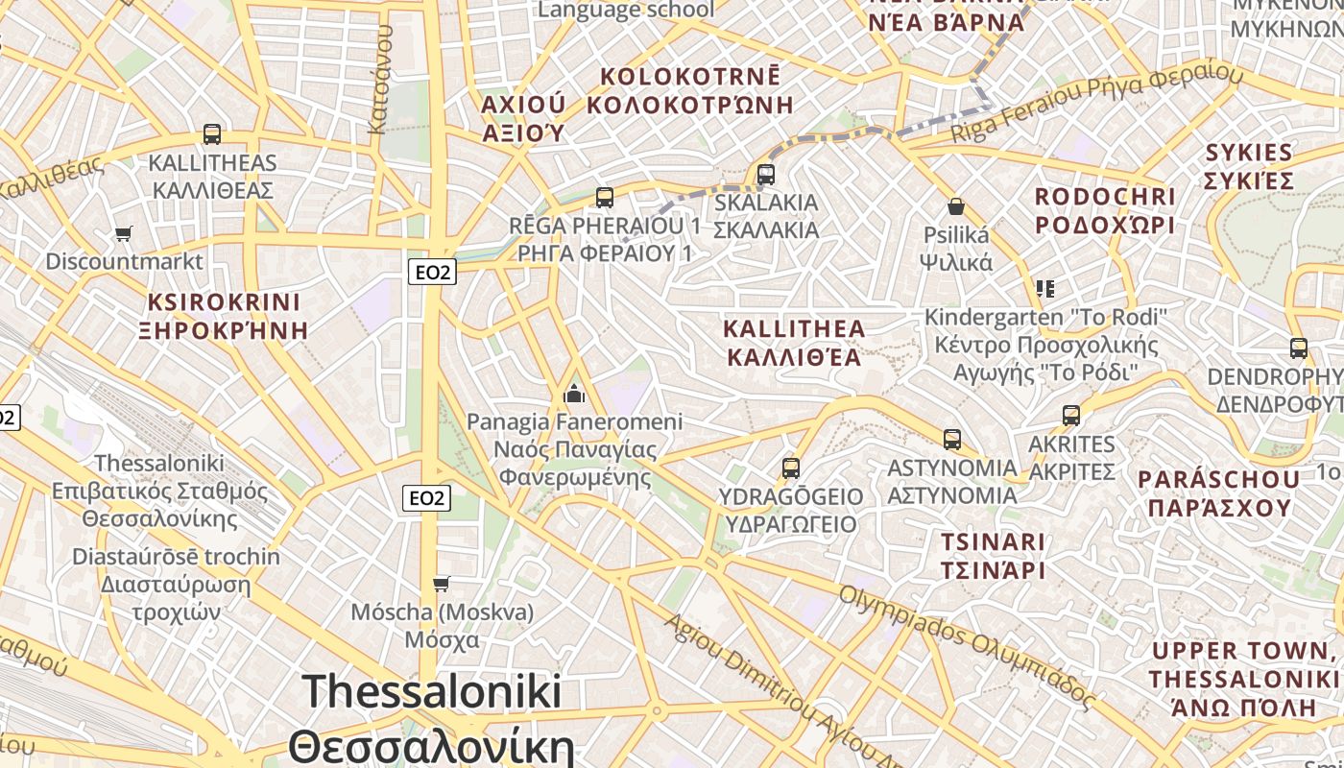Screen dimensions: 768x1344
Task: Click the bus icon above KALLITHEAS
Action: point(212,134)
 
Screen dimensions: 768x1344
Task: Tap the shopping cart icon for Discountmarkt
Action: point(123,233)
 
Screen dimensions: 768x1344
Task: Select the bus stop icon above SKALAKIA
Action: point(765,175)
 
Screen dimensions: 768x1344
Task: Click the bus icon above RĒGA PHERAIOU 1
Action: point(604,198)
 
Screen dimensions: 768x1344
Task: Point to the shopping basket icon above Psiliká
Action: point(956,206)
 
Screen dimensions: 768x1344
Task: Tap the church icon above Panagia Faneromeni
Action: point(574,393)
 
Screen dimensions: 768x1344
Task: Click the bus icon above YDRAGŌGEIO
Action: point(790,468)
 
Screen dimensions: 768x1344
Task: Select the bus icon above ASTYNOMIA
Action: point(951,440)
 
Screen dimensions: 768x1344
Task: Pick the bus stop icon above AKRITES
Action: point(1071,416)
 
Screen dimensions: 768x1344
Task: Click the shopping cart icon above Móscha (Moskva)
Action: point(442,584)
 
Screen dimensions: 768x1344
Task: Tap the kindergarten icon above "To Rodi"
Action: point(1045,288)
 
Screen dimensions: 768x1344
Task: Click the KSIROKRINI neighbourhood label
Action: point(224,303)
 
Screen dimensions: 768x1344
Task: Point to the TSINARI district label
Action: point(993,542)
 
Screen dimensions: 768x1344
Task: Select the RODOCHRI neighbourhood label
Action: point(1104,197)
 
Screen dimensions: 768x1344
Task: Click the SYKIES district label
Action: point(1249,153)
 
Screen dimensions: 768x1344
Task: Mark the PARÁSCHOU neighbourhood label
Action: point(1219,479)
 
